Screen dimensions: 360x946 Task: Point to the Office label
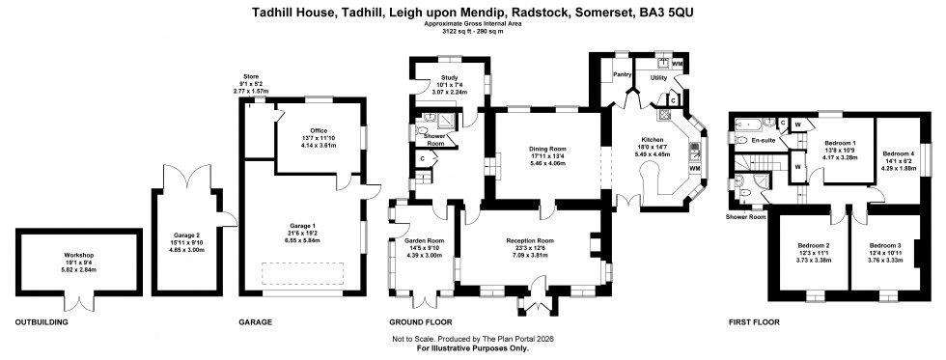click(320, 130)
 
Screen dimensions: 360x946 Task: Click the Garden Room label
click(423, 239)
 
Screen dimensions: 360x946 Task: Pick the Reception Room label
click(530, 240)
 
